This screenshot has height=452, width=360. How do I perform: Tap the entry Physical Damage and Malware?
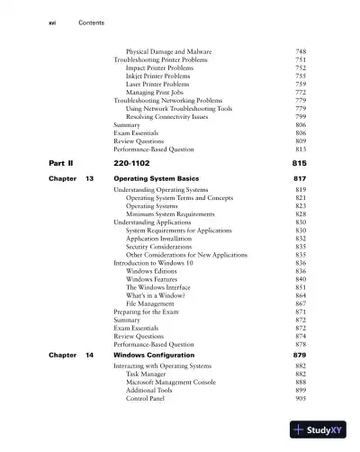[x=168, y=51]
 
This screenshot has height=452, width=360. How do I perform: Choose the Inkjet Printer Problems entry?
[x=165, y=76]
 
